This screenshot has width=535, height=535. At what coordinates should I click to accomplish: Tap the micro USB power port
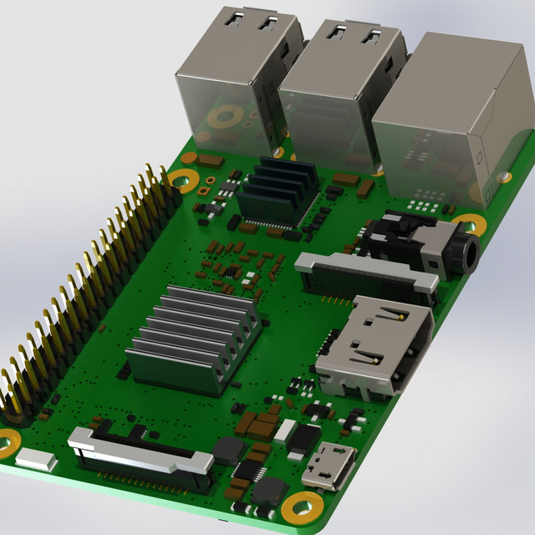pos(329,466)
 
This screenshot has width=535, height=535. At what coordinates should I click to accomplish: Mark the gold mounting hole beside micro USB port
pos(301,507)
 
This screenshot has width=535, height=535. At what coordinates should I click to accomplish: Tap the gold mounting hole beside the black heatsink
pos(181,179)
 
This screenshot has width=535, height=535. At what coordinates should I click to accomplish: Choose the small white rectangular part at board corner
pos(33,458)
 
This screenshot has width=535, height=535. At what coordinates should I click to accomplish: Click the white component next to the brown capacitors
pos(285,431)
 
